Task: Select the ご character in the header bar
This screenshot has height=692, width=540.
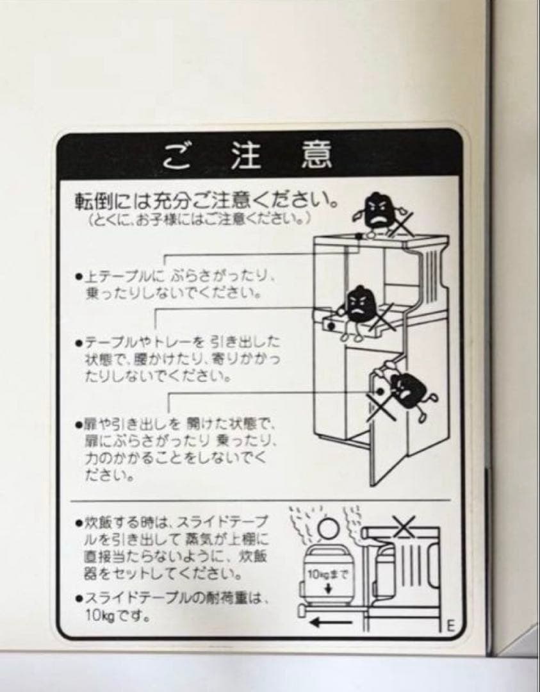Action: point(175,155)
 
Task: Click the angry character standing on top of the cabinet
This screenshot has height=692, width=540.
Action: point(378,210)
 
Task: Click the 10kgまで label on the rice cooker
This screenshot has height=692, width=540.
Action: point(327,575)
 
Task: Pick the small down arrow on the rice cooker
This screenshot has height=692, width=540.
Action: point(327,588)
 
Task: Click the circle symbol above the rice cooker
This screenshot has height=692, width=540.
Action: point(327,530)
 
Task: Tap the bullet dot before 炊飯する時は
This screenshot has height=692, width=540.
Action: point(78,523)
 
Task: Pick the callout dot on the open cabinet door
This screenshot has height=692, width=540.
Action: point(380,389)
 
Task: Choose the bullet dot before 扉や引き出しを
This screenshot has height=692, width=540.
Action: point(78,425)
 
